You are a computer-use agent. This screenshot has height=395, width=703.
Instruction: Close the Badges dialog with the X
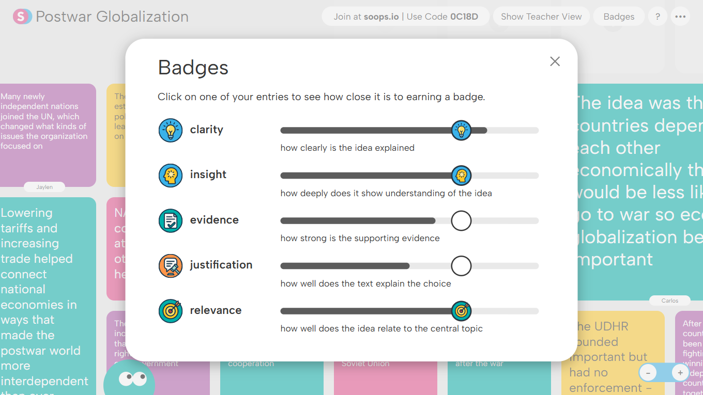point(555,61)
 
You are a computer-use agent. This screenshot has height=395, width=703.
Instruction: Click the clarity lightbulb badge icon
point(171,130)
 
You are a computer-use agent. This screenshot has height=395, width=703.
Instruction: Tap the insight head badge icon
point(171,176)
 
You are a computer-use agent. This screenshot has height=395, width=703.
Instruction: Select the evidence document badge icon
point(171,220)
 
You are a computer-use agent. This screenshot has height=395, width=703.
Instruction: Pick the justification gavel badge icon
point(171,266)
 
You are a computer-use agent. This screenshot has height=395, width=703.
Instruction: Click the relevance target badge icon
point(171,311)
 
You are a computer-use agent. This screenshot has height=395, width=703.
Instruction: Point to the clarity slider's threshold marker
point(461,130)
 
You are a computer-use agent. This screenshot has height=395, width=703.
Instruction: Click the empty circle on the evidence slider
point(461,220)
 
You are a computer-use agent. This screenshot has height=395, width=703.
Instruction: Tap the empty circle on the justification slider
point(461,266)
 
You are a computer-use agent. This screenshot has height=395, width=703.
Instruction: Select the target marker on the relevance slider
point(461,311)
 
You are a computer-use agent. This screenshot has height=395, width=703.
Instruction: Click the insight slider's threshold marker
point(461,176)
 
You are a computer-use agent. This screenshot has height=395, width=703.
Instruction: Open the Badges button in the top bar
point(619,17)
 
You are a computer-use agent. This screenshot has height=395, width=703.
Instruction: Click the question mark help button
point(658,17)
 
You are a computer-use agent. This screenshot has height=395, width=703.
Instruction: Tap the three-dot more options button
point(680,17)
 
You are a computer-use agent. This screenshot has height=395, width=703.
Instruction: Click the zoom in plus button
point(680,373)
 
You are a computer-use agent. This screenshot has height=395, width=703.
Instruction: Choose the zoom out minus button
point(648,373)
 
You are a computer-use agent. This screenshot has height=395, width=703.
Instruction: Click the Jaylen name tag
point(44,187)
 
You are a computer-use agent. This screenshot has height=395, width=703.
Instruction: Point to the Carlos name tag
point(670,301)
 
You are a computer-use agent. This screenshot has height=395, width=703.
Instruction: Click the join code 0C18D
point(464,17)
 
